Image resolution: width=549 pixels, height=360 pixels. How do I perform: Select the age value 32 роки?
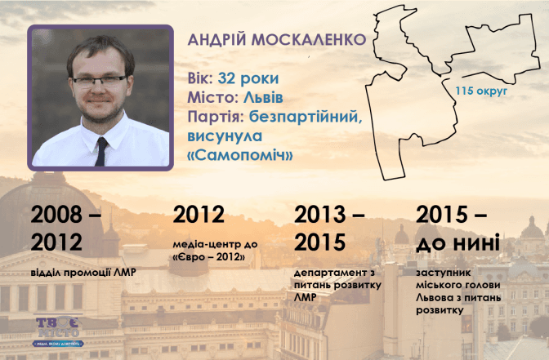click(x=248, y=78)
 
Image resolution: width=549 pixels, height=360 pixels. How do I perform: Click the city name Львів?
click(x=258, y=97)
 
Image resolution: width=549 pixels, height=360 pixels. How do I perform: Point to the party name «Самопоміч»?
click(x=240, y=155)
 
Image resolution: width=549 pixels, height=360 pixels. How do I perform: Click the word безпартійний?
click(x=306, y=118)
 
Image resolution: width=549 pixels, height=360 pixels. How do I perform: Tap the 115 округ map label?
click(x=481, y=91)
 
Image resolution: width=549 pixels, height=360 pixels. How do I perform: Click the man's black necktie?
click(x=101, y=152)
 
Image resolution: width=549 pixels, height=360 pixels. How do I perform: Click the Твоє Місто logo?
click(x=58, y=331)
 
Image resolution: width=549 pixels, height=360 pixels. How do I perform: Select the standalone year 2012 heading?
click(x=199, y=215)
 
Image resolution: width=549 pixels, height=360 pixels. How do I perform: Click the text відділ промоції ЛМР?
click(x=83, y=273)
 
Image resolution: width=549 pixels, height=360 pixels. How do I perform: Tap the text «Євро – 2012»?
click(x=208, y=257)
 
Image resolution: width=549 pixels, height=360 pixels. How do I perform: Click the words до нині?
click(x=457, y=242)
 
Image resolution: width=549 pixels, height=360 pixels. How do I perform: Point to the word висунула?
click(x=225, y=136)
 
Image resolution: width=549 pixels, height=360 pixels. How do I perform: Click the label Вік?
click(x=201, y=78)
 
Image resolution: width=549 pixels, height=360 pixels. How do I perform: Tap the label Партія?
click(x=216, y=117)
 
